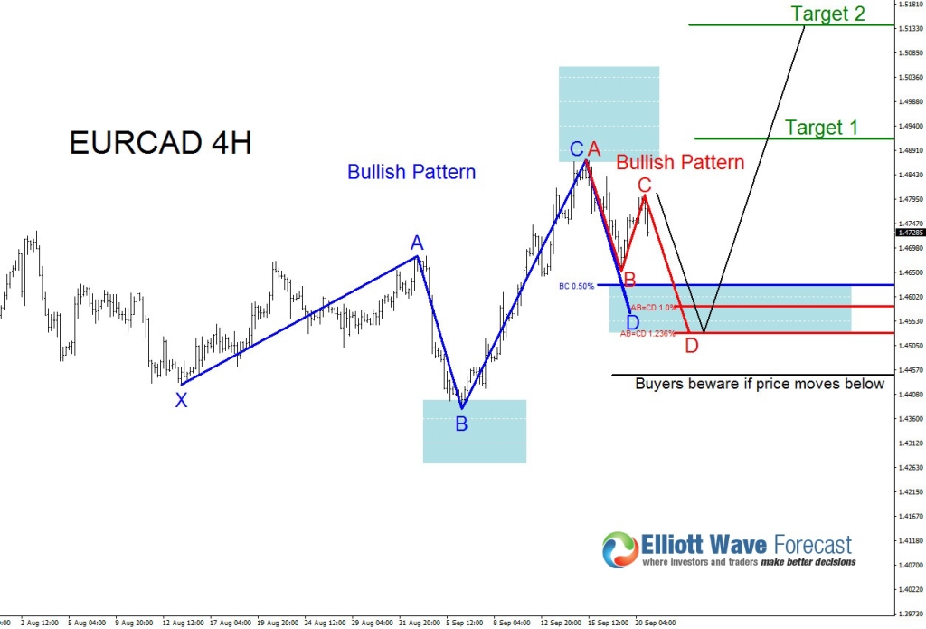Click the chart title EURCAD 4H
[160, 143]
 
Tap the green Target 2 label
[827, 14]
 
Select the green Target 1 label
[821, 128]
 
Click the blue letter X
[182, 401]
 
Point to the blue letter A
[417, 243]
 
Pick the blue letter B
[461, 424]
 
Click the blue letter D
[633, 322]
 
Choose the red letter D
[692, 345]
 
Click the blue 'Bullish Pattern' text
[411, 172]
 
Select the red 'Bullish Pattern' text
[680, 163]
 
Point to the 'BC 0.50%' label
[576, 286]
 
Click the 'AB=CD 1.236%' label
[647, 334]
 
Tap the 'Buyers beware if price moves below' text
[760, 384]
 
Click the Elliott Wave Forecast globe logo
[620, 550]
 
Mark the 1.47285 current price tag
[907, 233]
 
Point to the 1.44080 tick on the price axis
[907, 395]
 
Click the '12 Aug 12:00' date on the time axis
[182, 623]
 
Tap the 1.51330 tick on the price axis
[907, 29]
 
